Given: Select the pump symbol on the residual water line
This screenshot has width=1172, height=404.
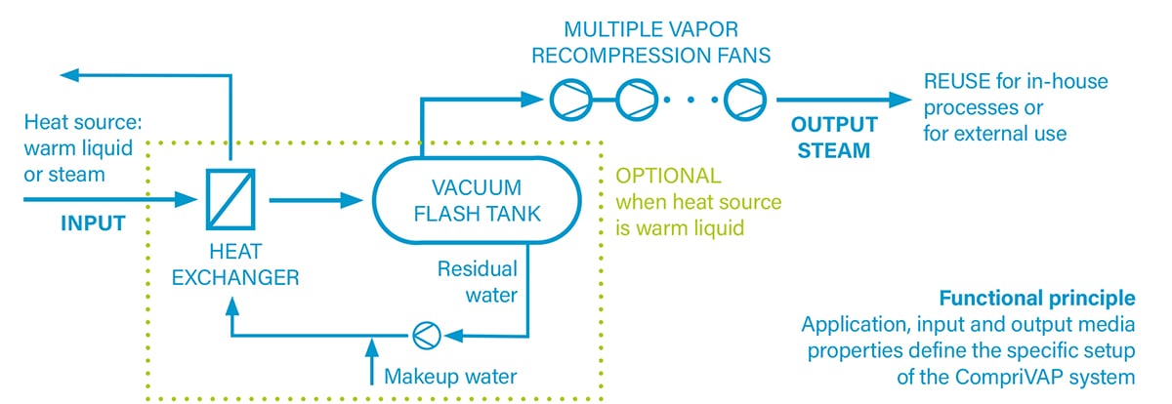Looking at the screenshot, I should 425,335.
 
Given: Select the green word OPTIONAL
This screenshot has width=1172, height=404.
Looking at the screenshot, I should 668,177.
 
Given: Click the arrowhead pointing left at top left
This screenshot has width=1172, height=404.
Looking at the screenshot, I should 66,74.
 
